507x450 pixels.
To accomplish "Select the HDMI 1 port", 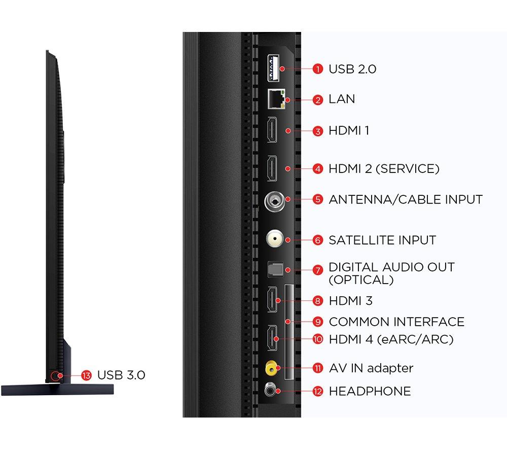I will coord(272,130).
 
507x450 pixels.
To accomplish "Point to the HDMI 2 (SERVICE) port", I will coord(272,168).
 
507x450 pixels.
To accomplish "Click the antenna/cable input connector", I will coord(274,201).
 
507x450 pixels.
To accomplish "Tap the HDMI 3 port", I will coord(272,300).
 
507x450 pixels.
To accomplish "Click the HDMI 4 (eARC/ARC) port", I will coord(272,337).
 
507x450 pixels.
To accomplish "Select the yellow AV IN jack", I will coord(273,368).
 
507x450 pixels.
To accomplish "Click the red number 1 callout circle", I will coord(318,69).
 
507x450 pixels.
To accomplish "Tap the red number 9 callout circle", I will coord(318,322).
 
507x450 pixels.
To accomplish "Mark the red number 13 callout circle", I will coord(86,375).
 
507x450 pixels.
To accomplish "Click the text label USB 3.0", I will coord(121,375).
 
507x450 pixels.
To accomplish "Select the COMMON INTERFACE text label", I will coord(396,322).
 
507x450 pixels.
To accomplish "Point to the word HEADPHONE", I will coord(370,391).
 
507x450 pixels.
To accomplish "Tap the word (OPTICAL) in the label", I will coord(361,280).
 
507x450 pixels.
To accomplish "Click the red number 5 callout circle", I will coord(318,199).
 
